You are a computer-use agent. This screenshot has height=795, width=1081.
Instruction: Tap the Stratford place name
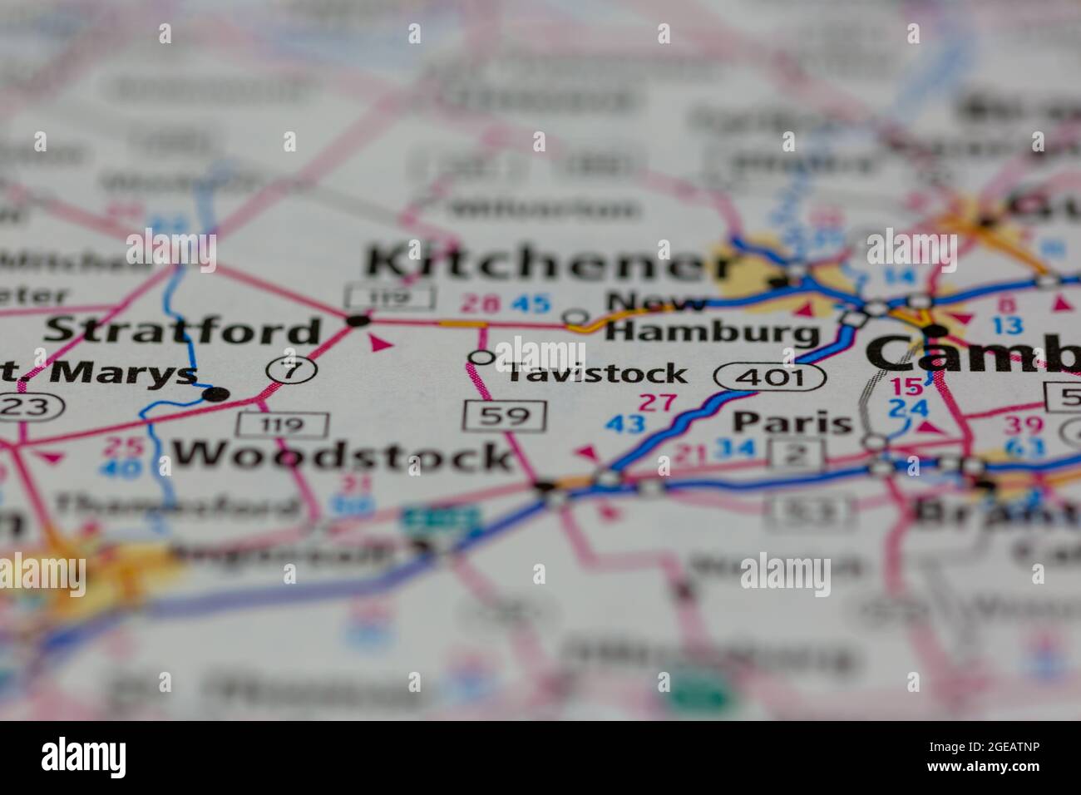click(x=182, y=330)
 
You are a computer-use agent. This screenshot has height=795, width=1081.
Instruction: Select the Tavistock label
click(x=597, y=373)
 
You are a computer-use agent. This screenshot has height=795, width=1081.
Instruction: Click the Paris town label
click(x=792, y=422)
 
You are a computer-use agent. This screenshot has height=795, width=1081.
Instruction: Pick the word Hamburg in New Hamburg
click(x=712, y=333)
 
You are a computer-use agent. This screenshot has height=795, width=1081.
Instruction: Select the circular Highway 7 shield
click(x=290, y=370)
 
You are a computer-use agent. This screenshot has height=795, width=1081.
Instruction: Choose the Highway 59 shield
click(x=505, y=415)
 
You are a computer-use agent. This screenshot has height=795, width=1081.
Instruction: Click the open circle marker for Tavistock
click(x=481, y=358)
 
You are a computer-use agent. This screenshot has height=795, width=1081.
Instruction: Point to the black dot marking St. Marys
click(x=215, y=394)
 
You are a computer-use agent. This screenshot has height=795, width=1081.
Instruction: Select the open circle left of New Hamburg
click(x=575, y=317)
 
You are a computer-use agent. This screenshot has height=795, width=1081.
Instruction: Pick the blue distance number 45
click(x=530, y=304)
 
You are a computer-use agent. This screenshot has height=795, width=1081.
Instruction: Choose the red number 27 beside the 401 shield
click(x=657, y=403)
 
